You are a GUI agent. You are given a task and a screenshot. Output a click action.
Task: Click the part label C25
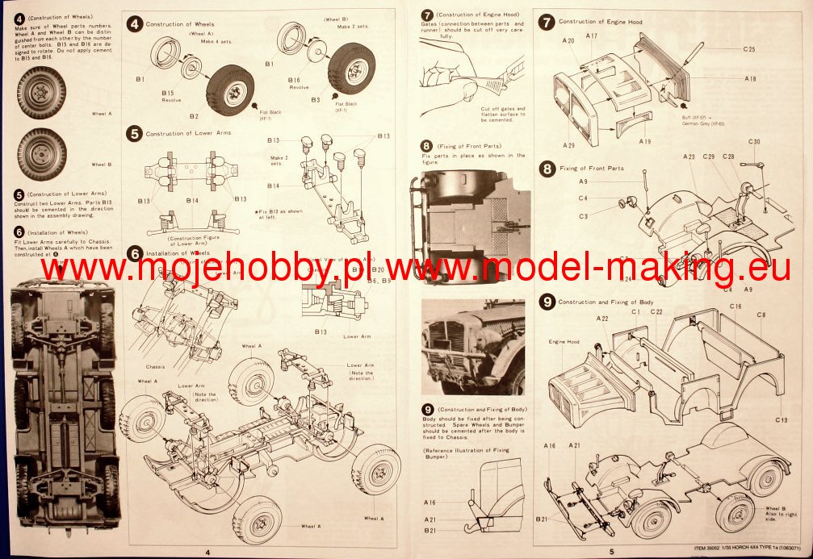(749, 50)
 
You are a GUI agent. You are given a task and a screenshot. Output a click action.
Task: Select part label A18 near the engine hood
(750, 79)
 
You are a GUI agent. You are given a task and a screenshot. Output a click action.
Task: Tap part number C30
(754, 142)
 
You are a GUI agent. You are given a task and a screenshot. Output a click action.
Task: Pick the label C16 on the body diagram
(735, 307)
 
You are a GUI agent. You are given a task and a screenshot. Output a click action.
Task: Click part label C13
(781, 419)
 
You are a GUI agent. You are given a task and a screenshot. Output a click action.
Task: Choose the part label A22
(602, 319)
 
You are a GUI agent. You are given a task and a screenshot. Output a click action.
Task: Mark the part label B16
(293, 81)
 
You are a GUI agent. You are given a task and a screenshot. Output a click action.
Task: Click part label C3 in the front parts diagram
(583, 216)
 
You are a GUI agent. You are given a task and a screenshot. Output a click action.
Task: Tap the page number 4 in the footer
(208, 552)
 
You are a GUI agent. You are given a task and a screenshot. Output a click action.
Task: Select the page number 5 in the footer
(611, 552)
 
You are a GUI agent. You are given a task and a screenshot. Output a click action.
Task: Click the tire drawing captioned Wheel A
(41, 93)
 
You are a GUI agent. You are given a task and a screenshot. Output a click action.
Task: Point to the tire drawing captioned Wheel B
(41, 153)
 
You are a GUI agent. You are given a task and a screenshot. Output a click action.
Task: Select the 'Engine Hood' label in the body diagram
(564, 342)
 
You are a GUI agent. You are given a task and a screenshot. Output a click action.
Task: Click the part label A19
(644, 141)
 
